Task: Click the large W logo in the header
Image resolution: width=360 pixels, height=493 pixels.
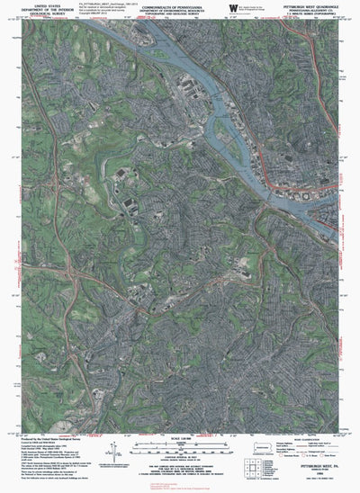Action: (x=233, y=9)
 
